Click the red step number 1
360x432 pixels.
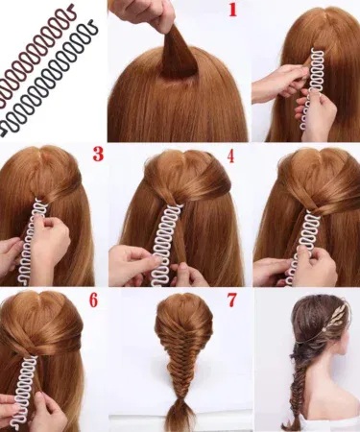click(233, 11)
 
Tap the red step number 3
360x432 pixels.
click(98, 154)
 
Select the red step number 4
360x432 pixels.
click(230, 156)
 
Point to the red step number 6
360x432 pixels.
click(93, 300)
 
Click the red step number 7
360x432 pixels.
click(231, 300)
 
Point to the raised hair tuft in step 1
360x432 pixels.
click(177, 53)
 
